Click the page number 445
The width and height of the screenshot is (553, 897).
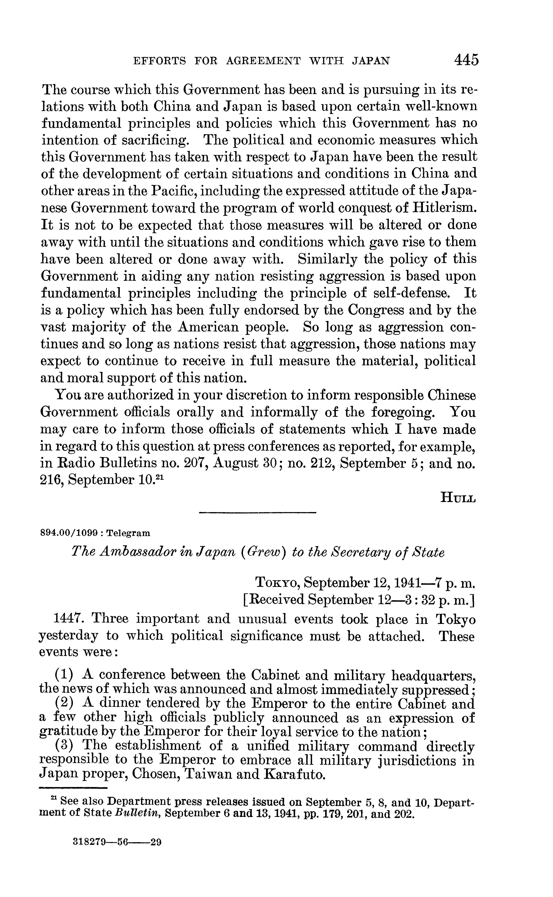click(x=466, y=60)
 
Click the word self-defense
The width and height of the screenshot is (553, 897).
click(x=410, y=293)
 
